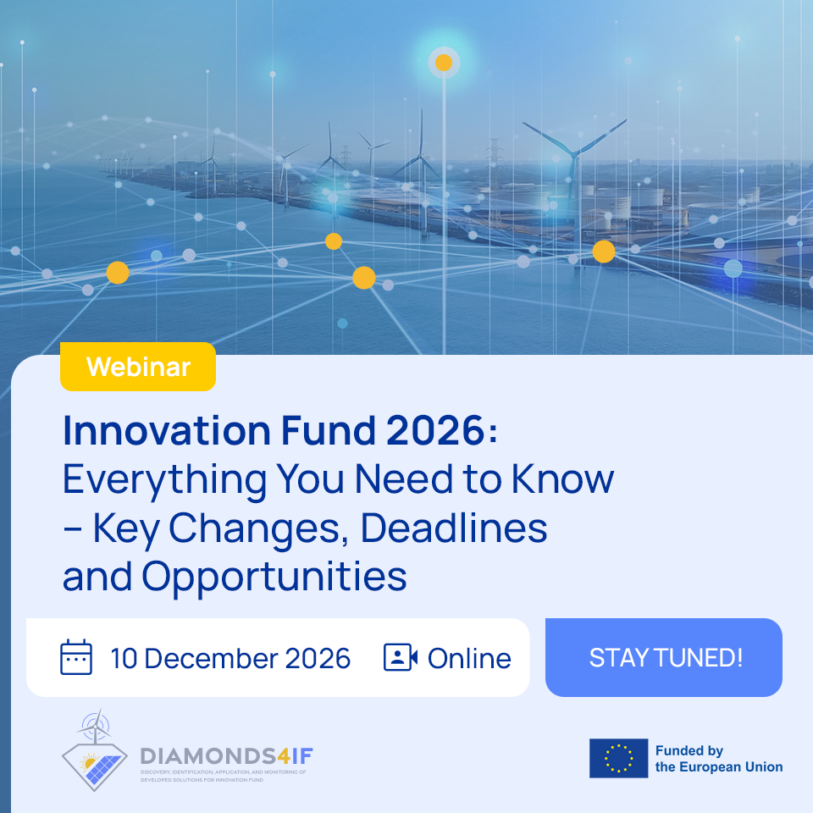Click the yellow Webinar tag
tap(138, 367)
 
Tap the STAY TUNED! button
tap(664, 657)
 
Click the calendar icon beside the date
tap(76, 657)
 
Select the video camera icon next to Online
tap(401, 657)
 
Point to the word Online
tap(469, 659)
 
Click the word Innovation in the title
tap(167, 430)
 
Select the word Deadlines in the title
tap(454, 528)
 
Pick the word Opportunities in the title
tap(274, 577)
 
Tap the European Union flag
tap(618, 758)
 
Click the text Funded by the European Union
tap(719, 759)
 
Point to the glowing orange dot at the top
tap(444, 63)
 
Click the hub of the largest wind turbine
tap(574, 152)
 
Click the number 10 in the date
tap(124, 659)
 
